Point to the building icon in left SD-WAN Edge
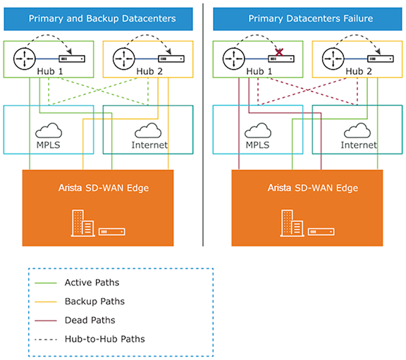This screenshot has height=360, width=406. coord(83,225)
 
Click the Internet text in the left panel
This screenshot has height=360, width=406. coord(150,145)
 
